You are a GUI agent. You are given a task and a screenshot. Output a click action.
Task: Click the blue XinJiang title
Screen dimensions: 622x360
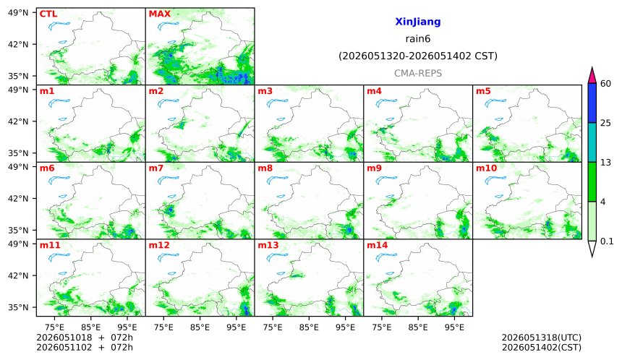point(418,22)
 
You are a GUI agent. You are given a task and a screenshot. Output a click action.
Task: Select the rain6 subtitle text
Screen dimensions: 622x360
point(418,39)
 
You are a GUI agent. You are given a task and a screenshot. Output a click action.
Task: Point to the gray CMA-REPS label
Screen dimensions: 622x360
point(418,73)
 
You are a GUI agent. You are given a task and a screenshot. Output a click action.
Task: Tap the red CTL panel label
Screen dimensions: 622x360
point(48,14)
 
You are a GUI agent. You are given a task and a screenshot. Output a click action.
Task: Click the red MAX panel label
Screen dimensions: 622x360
point(159,14)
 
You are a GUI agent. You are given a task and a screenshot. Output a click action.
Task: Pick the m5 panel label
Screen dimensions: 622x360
point(483,91)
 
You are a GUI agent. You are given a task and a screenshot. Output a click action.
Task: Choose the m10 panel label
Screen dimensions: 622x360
point(486,168)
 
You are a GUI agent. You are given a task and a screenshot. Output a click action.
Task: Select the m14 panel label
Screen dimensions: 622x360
point(377,245)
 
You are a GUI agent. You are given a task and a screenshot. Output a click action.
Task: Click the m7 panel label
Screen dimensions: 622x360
point(156,168)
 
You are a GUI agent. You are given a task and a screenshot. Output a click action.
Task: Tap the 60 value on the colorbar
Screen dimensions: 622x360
point(606,84)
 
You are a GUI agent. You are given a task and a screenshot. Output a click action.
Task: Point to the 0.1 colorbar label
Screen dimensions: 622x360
point(607,241)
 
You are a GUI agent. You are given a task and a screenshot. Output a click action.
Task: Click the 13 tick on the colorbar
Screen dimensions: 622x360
point(605,162)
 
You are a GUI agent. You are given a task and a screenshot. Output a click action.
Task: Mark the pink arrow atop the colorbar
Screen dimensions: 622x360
point(592,75)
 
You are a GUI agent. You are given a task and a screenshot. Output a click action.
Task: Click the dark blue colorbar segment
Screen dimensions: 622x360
point(592,103)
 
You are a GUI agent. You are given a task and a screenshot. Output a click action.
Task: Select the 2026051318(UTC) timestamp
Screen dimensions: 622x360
point(542,338)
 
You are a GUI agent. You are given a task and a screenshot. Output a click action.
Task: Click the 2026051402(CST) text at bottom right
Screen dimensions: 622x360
point(542,348)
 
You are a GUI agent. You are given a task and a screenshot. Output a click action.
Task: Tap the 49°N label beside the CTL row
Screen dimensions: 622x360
point(18,13)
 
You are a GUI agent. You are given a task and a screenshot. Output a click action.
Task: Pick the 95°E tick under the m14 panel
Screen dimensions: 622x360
point(454,327)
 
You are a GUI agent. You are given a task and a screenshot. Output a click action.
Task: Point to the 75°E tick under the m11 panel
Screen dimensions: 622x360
point(54,327)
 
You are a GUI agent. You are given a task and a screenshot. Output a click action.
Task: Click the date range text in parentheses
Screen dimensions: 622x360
point(418,56)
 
